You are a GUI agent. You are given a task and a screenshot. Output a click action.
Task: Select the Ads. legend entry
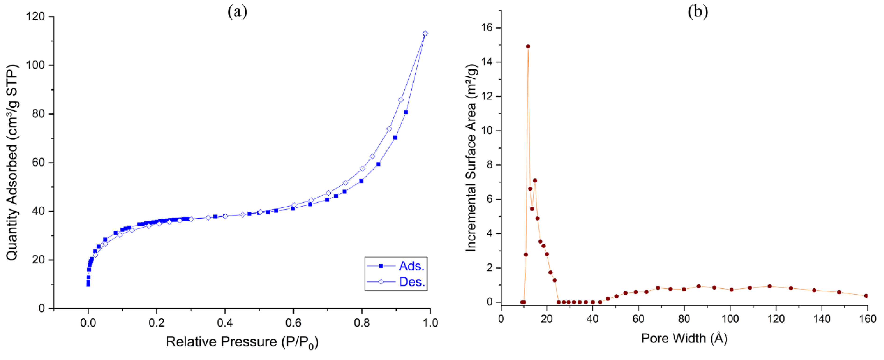coord(411,266)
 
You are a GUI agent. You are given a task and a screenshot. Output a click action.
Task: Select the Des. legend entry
coord(411,282)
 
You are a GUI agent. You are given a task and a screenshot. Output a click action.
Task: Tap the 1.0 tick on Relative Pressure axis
coord(430,323)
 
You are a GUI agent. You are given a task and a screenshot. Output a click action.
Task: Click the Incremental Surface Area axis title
coord(471,158)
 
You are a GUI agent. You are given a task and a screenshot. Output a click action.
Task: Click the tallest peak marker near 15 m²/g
coord(528,46)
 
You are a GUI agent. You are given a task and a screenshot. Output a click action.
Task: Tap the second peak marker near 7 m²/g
coord(535,181)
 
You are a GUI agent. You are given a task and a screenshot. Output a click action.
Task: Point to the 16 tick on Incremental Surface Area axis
coord(488,28)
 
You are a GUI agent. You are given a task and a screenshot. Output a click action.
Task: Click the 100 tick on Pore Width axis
coord(730,319)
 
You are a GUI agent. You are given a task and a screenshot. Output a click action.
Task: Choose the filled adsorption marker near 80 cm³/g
coord(406,112)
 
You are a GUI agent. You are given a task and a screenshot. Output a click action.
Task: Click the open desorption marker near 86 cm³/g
coord(401,100)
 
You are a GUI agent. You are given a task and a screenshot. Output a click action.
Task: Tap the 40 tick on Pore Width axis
coord(593,319)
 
